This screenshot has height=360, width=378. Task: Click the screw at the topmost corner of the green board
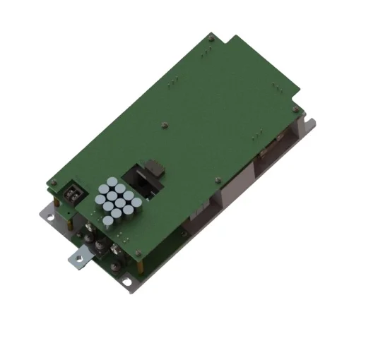(212, 38)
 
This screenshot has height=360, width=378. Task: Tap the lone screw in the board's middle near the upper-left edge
(164, 125)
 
